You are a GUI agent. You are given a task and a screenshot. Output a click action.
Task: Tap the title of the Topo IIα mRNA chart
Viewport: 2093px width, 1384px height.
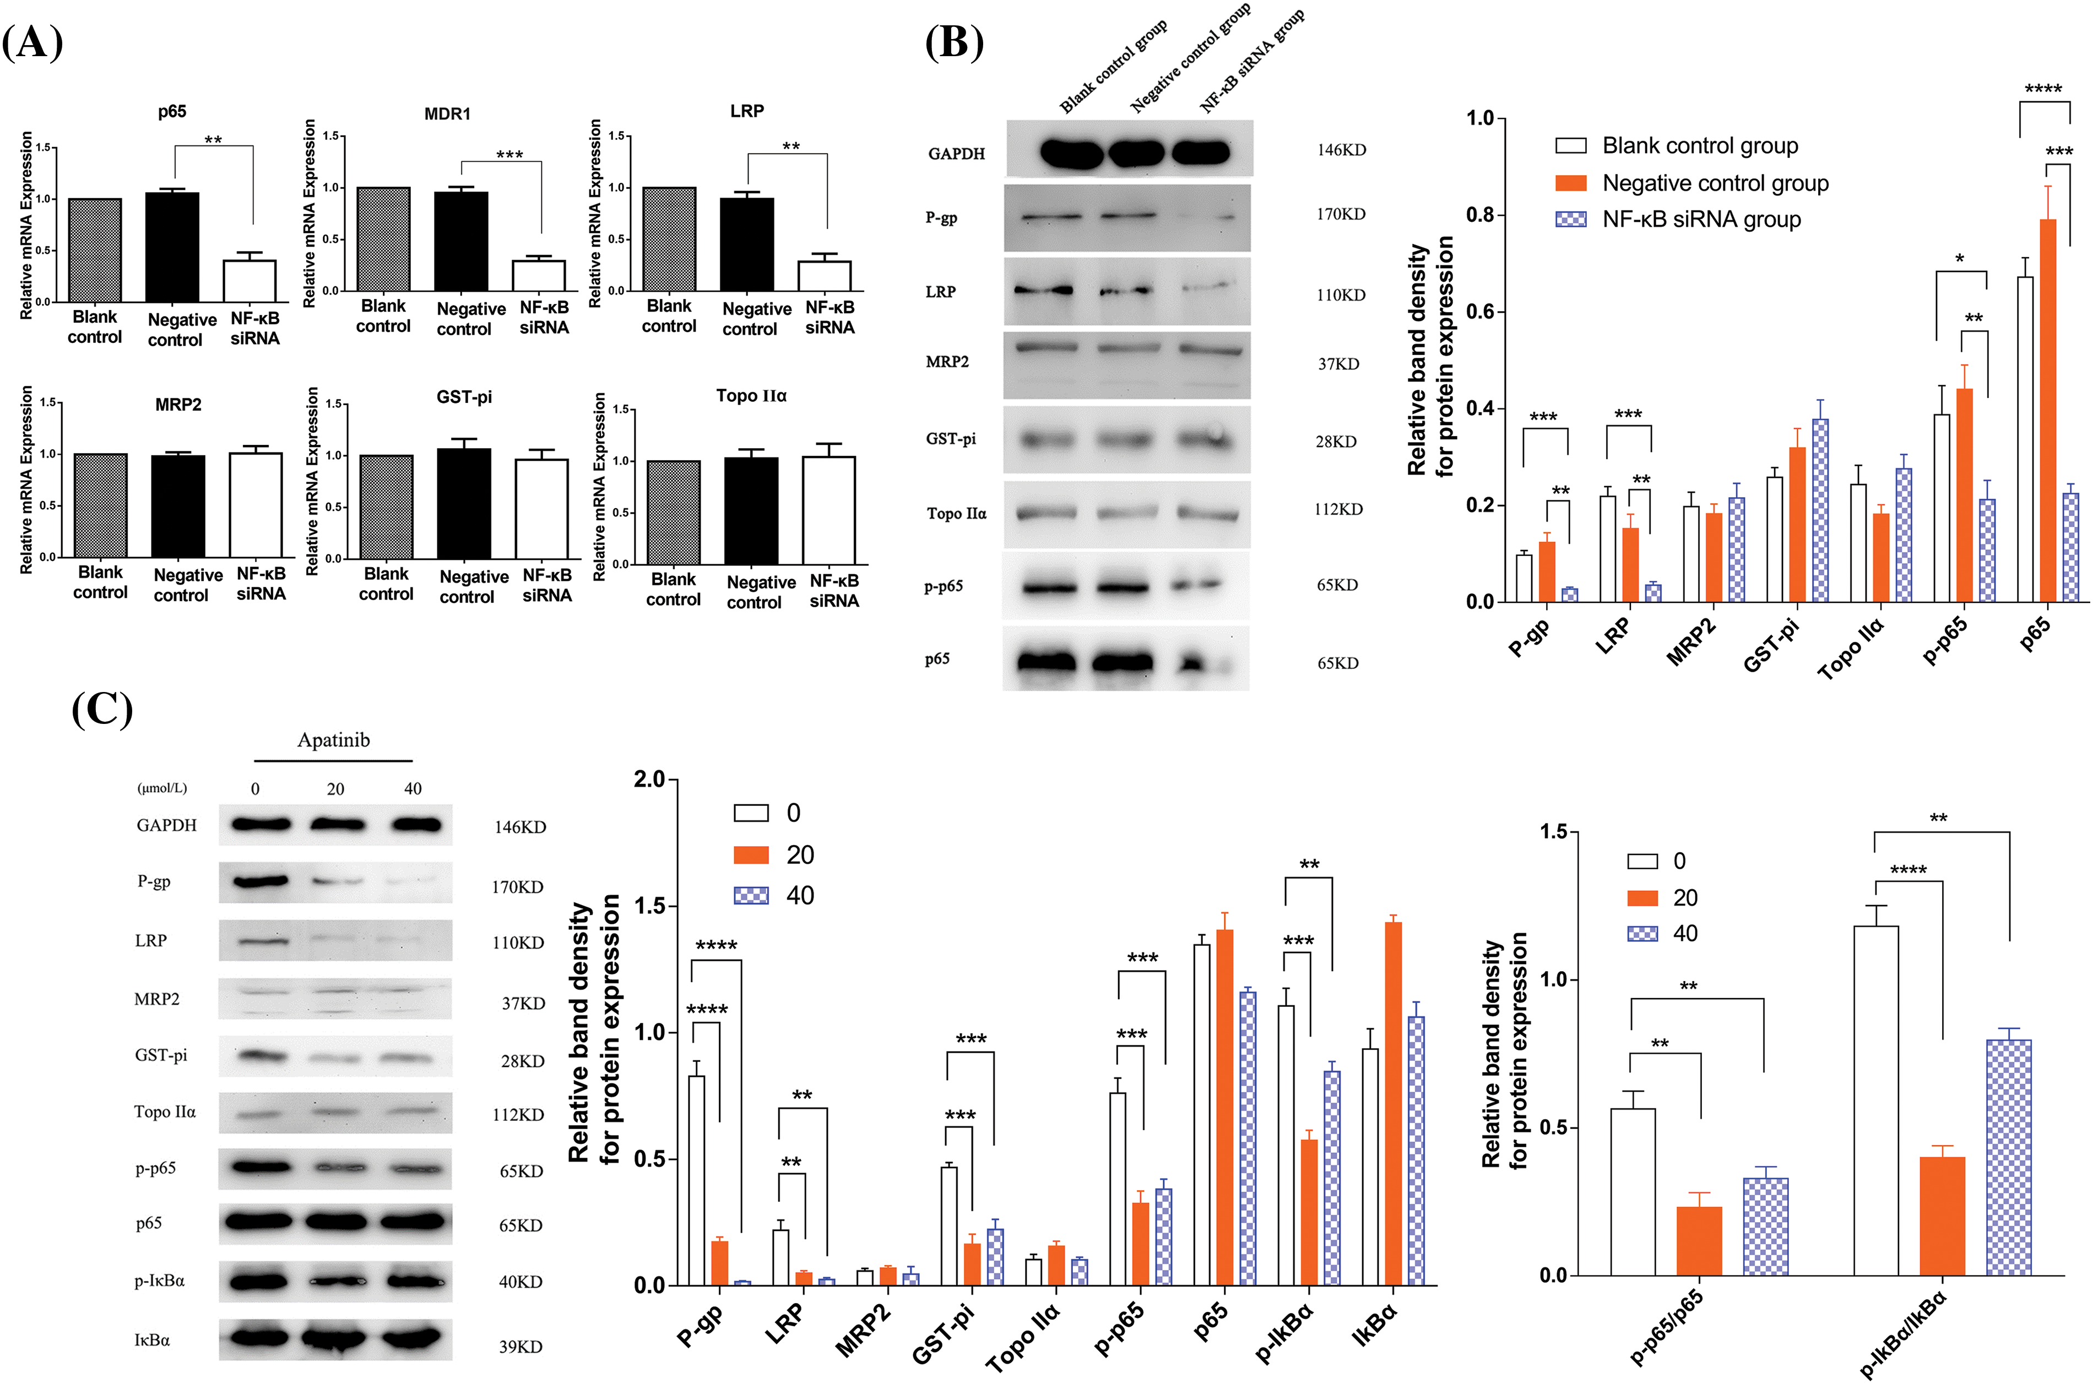[x=751, y=395]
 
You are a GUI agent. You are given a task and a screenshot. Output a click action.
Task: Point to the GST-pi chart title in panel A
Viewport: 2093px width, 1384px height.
[x=464, y=397]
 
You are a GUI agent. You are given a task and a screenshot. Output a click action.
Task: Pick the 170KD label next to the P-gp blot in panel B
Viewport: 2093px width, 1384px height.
[x=1341, y=215]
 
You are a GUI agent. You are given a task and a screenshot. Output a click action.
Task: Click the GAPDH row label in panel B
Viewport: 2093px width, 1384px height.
[x=956, y=154]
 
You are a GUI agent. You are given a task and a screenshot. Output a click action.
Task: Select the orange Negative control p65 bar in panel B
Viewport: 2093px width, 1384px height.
[x=2047, y=411]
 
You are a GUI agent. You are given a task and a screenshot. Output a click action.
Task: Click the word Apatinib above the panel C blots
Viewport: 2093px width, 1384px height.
[x=333, y=740]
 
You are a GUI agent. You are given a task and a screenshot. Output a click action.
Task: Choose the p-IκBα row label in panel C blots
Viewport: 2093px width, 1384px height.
[x=160, y=1281]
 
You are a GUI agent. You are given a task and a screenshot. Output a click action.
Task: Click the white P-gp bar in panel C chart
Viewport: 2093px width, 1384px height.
[x=697, y=1180]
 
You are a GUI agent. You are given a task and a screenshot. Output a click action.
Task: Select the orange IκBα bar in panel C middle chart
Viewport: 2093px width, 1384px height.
[x=1393, y=1103]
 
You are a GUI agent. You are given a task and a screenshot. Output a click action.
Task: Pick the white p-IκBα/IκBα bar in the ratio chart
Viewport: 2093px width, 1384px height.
[x=1876, y=1100]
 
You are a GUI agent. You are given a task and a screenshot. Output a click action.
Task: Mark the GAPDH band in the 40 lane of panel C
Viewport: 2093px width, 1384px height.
[x=416, y=825]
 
